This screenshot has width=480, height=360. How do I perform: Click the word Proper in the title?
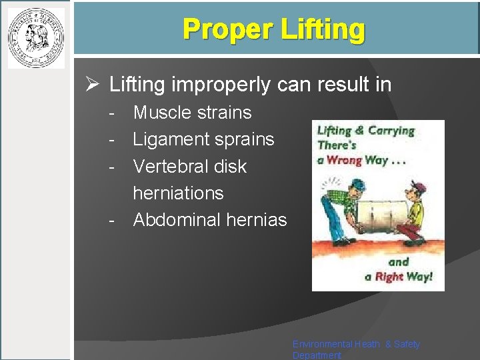click(220, 29)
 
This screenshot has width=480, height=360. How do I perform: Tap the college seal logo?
click(36, 37)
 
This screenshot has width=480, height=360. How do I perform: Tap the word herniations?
click(178, 193)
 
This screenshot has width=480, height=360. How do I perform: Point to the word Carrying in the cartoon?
click(390, 131)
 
